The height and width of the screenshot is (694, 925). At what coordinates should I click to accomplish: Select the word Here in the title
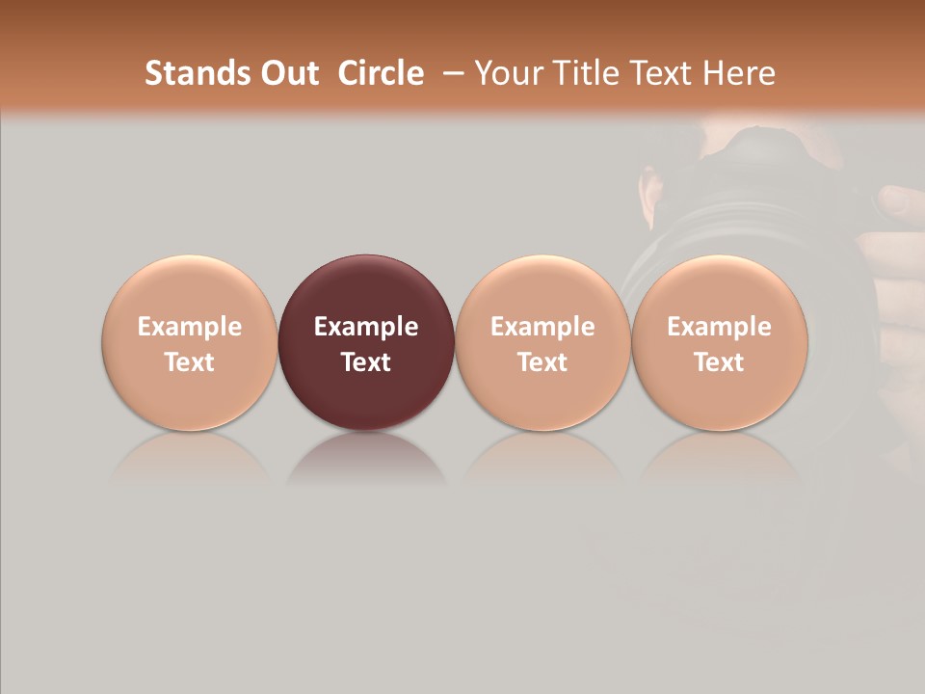coord(740,73)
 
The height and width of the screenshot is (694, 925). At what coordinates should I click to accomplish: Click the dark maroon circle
coord(366,289)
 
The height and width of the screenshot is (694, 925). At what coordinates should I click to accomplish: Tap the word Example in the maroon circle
coord(366,327)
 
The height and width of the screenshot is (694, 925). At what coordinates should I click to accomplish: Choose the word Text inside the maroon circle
coord(366,362)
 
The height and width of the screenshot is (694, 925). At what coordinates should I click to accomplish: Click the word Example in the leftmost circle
coord(190,327)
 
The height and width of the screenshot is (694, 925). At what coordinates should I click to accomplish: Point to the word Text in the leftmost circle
coord(190,362)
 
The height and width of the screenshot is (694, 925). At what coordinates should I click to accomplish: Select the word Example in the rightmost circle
coord(719,327)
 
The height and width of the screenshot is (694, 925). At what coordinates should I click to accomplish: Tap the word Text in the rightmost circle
coord(719,362)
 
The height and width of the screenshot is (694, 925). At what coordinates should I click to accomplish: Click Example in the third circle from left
coord(542,327)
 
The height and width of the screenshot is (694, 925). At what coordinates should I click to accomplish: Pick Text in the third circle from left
coord(542,362)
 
